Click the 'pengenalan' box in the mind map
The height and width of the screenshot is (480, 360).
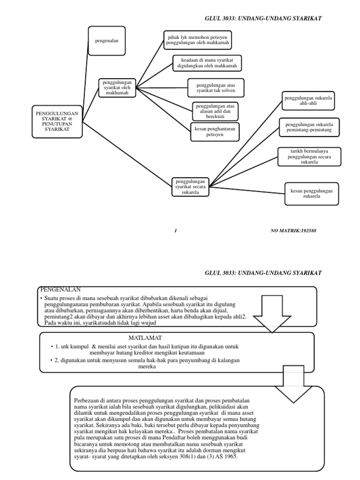(106, 41)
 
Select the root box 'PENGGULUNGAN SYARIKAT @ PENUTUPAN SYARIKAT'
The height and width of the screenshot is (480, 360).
(57, 121)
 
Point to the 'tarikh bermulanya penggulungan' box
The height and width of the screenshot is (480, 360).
(309, 156)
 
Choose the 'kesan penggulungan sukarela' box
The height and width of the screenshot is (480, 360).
(311, 193)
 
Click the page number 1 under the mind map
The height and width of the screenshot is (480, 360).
(175, 231)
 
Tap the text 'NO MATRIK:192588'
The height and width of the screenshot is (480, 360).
(297, 231)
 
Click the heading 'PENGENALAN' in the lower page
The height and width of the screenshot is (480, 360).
(60, 289)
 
